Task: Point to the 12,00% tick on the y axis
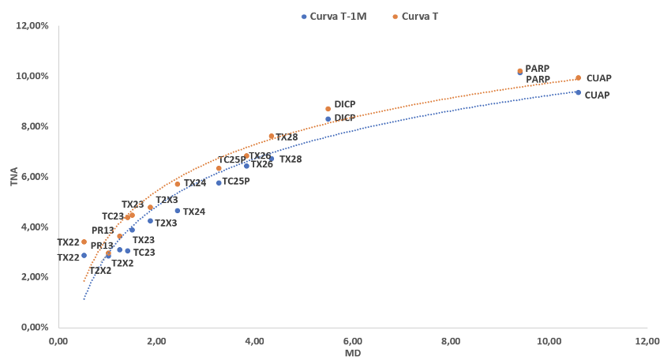pyautogui.click(x=33, y=26)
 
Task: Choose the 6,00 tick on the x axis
pyautogui.click(x=352, y=341)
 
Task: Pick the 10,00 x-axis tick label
pyautogui.click(x=549, y=341)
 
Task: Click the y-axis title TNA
pyautogui.click(x=14, y=176)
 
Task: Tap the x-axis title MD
pyautogui.click(x=353, y=353)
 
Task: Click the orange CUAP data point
pyautogui.click(x=578, y=77)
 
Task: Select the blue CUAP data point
pyautogui.click(x=578, y=92)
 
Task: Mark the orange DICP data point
pyautogui.click(x=328, y=109)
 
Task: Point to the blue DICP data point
pyautogui.click(x=328, y=119)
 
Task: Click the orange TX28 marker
pyautogui.click(x=272, y=136)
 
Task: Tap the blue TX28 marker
pyautogui.click(x=272, y=159)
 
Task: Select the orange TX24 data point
pyautogui.click(x=178, y=184)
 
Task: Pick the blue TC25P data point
pyautogui.click(x=219, y=182)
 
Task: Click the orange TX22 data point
pyautogui.click(x=84, y=242)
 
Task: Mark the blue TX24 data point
pyautogui.click(x=178, y=211)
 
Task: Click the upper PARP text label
pyautogui.click(x=537, y=69)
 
